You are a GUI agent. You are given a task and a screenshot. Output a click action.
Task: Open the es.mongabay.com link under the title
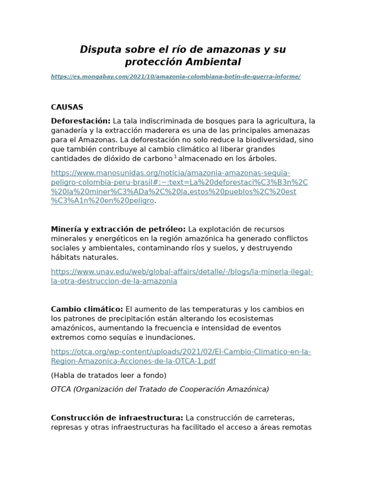(175, 76)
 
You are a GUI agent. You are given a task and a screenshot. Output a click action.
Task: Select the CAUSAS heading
(67, 107)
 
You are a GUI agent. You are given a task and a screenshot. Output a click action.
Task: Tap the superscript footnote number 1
(175, 157)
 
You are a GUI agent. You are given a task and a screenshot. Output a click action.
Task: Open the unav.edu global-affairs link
(182, 276)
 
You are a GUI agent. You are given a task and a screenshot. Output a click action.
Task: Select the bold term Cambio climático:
(87, 309)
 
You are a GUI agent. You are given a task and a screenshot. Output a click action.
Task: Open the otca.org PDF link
(181, 356)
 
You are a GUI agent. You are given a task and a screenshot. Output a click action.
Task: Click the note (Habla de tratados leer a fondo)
(108, 375)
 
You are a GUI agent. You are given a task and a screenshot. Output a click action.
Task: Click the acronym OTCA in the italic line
(61, 389)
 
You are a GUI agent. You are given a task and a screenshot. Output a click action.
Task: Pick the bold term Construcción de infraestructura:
(117, 418)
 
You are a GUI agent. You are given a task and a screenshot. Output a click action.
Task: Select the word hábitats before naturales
(65, 257)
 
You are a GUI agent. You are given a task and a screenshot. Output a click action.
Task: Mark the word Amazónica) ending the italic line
(247, 389)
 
